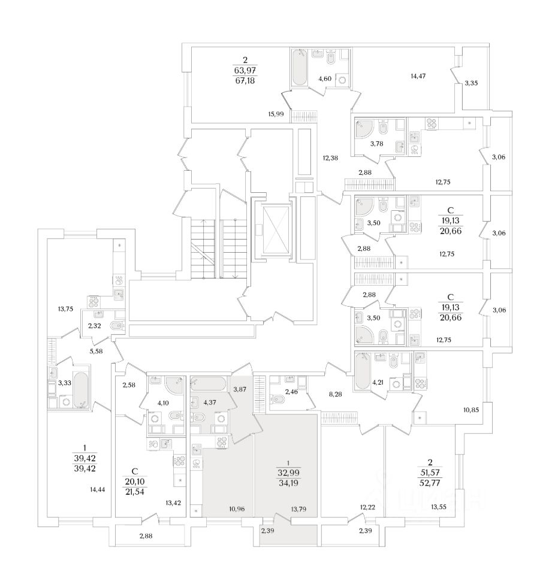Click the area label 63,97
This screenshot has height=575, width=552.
coord(245,69)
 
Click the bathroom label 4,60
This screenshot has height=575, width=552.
coord(325,78)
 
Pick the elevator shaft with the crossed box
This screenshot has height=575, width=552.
coord(272,231)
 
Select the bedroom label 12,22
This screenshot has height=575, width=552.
coord(368,508)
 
